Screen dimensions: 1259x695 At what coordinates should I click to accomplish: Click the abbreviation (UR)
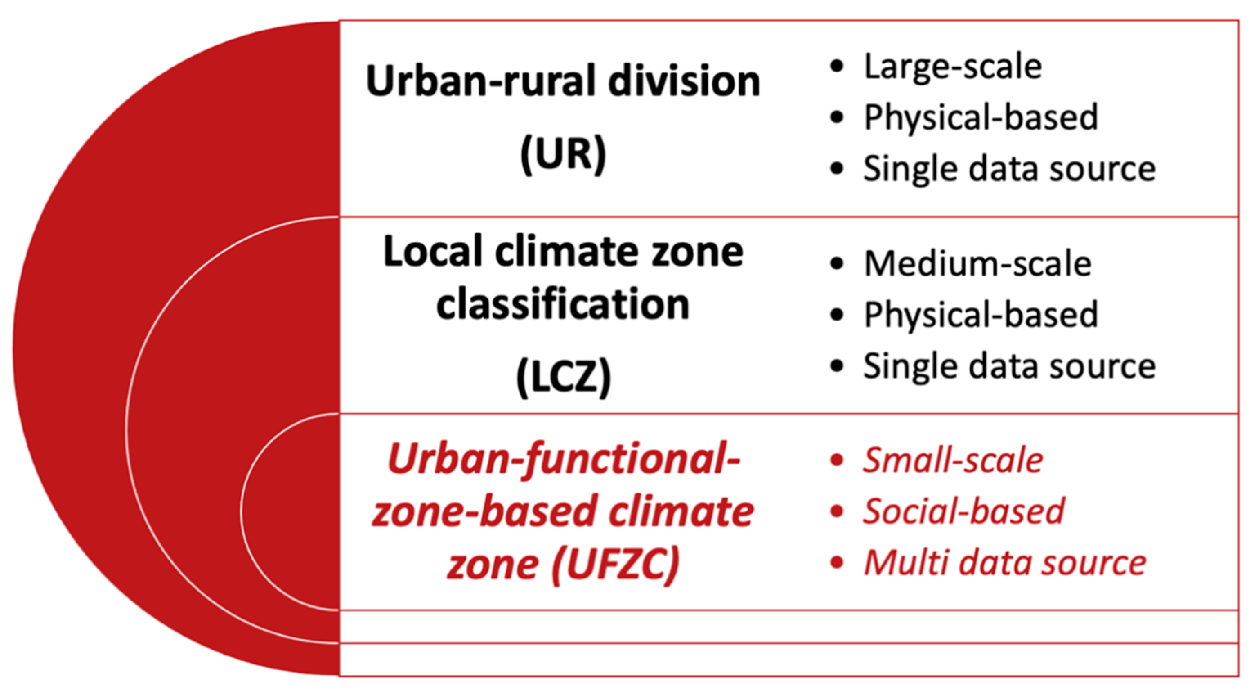click(x=563, y=155)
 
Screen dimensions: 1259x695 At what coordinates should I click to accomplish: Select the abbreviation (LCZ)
click(x=564, y=377)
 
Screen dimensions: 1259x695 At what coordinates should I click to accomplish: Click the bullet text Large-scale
click(x=953, y=67)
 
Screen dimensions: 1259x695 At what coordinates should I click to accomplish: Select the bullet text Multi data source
click(x=1005, y=563)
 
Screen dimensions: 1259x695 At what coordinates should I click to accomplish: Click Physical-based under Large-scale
click(x=981, y=118)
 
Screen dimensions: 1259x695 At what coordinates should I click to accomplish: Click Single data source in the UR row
click(x=1010, y=169)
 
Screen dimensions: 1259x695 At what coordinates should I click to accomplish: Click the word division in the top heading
click(x=684, y=81)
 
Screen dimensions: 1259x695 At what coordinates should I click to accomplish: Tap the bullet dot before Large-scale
click(x=837, y=67)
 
